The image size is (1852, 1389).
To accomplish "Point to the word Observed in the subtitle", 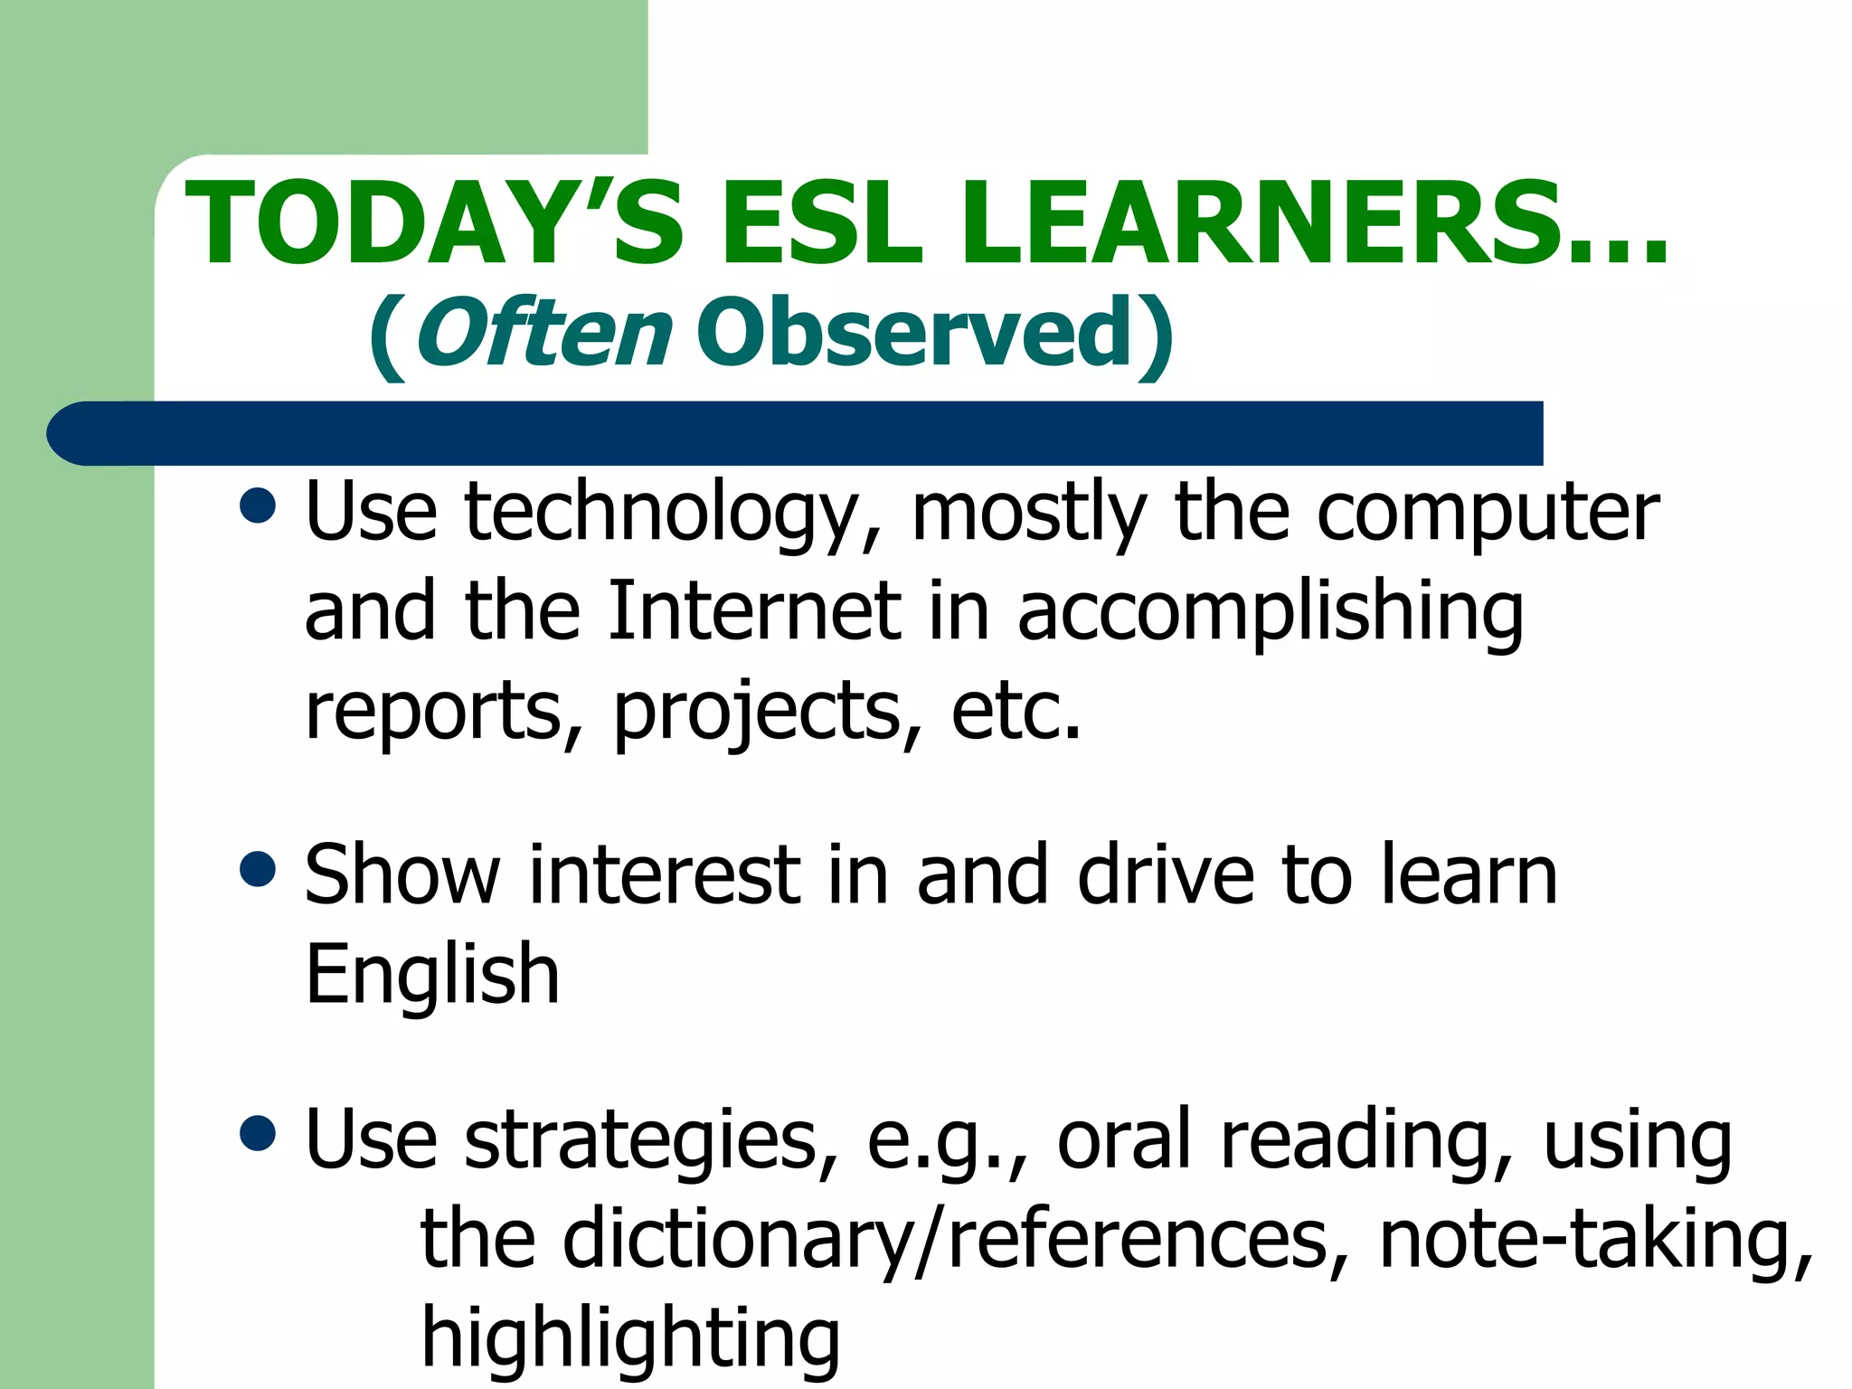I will coord(913,333).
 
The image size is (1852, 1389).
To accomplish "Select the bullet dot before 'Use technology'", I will coord(259,506).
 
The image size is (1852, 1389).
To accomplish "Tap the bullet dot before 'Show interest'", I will coord(259,869).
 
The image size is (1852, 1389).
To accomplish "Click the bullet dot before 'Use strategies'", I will coord(259,1133).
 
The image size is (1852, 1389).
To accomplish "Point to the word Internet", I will coord(755,611).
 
